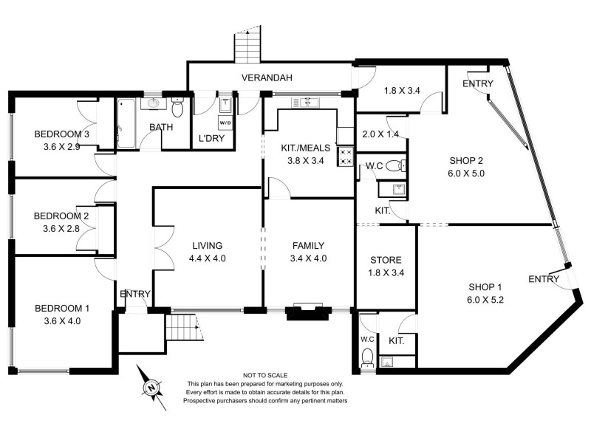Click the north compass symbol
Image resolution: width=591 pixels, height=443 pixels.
coord(151,385)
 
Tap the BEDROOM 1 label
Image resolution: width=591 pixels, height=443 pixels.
coord(62,309)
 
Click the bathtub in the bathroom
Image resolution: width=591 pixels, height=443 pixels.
coord(124,123)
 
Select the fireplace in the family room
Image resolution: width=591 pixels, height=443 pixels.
coord(304,312)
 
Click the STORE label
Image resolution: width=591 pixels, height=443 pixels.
coord(386,260)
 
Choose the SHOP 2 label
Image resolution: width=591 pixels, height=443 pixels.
coord(466,162)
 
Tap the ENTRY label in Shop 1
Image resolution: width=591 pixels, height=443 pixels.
coord(544,278)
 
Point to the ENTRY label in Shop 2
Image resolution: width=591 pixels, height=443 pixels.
coord(477,84)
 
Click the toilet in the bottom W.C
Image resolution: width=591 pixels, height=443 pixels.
coord(367,358)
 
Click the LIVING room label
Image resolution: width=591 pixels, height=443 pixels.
coord(207,246)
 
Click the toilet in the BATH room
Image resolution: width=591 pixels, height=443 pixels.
coord(177,109)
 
